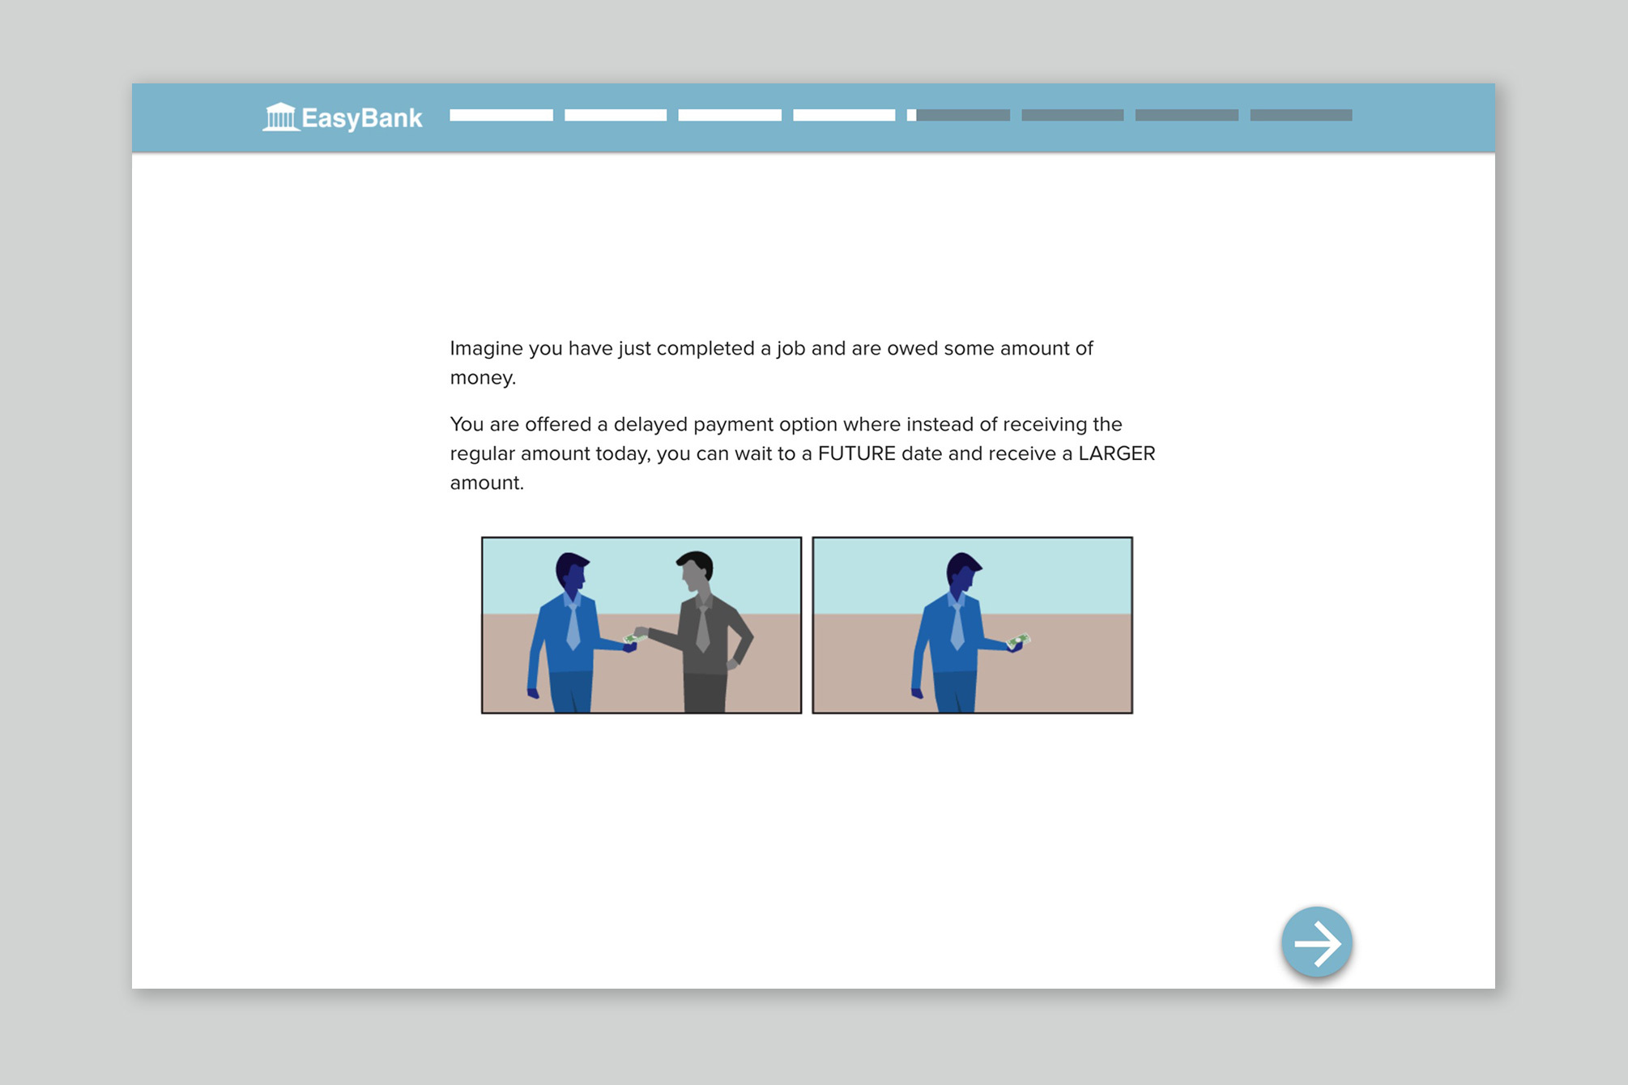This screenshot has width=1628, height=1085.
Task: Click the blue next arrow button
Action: (x=1317, y=942)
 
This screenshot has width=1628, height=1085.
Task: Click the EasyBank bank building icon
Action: (x=281, y=117)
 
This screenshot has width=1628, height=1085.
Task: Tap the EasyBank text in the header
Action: (x=362, y=118)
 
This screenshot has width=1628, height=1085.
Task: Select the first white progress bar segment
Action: (x=501, y=115)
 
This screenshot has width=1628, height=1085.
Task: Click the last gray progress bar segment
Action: (x=1301, y=115)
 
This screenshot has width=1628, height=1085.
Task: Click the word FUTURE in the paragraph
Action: (x=857, y=453)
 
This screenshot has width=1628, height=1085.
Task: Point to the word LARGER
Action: (x=1117, y=453)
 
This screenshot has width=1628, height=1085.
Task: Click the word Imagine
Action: (x=487, y=349)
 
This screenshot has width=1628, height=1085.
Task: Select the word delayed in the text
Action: (x=650, y=425)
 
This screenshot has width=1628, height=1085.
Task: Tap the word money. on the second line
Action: (x=483, y=378)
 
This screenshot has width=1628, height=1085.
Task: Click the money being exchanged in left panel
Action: (x=634, y=638)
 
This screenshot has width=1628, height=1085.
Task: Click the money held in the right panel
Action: (x=1019, y=641)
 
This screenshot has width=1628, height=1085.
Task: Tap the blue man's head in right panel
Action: (x=963, y=574)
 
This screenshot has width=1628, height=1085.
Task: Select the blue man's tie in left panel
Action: (x=573, y=624)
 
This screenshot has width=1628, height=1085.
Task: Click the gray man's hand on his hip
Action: (x=733, y=665)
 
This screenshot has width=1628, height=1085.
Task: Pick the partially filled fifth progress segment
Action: (x=958, y=115)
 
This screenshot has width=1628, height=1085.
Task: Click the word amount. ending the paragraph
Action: (x=487, y=483)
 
